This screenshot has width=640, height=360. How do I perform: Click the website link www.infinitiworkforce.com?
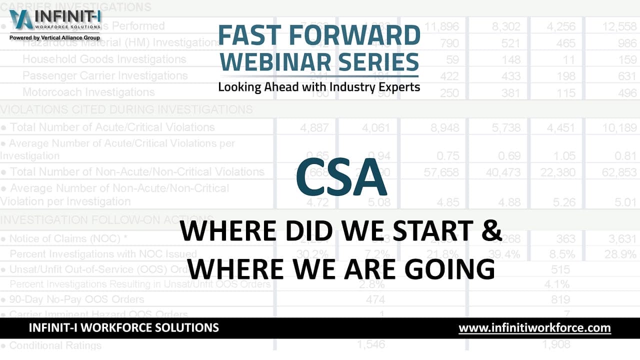tap(534, 328)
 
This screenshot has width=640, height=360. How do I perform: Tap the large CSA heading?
tap(341, 177)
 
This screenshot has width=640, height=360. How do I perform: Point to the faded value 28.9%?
tap(618, 254)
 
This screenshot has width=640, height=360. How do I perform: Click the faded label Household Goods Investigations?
tap(104, 59)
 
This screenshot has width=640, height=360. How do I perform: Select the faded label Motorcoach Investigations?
tap(88, 92)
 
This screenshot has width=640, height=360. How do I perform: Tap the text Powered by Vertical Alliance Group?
tap(55, 37)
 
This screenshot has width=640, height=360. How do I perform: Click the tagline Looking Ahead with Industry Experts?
tap(319, 86)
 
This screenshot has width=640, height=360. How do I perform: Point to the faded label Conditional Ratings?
tap(55, 345)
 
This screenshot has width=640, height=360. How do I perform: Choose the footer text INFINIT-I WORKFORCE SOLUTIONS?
tap(124, 328)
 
